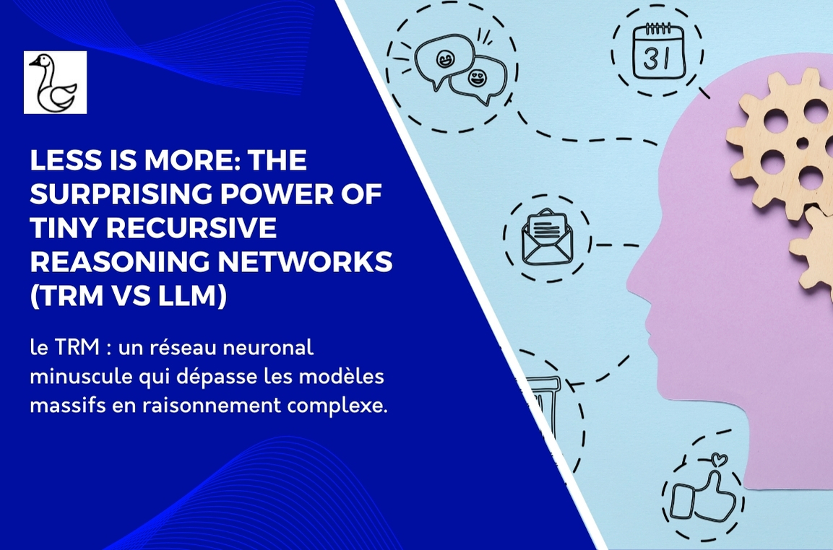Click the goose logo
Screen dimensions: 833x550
pyautogui.click(x=55, y=82)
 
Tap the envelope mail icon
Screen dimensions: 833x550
pyautogui.click(x=547, y=237)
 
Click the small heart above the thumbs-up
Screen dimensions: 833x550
pyautogui.click(x=718, y=458)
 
